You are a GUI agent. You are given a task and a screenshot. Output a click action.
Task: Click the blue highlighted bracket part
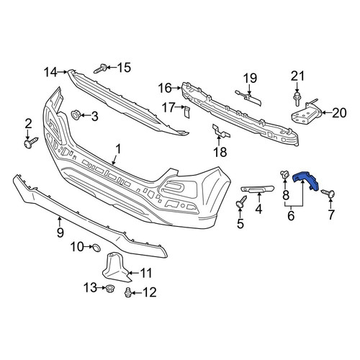tap(305, 181)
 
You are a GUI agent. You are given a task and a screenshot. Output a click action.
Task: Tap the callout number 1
tap(118, 149)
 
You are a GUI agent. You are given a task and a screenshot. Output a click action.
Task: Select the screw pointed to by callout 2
tap(31, 143)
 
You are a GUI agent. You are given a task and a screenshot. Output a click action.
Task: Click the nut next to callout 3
tap(76, 114)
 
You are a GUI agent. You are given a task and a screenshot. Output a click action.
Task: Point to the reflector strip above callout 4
tap(257, 189)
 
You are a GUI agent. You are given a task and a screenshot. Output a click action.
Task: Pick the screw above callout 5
tap(241, 202)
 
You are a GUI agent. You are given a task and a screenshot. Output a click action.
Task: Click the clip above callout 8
tap(285, 174)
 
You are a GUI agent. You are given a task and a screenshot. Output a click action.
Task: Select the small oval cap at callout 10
tap(96, 248)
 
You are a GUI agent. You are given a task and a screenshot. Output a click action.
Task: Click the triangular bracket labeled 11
tap(115, 268)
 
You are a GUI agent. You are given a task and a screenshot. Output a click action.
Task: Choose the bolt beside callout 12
tap(128, 292)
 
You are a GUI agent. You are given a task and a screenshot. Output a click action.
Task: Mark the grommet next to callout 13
tap(110, 287)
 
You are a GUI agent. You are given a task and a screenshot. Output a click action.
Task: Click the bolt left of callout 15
tap(100, 68)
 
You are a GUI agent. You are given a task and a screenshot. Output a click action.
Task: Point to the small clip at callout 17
tap(187, 112)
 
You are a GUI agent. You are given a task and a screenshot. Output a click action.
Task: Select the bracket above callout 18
tap(220, 132)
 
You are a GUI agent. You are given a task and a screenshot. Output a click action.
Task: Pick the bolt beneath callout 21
tap(297, 99)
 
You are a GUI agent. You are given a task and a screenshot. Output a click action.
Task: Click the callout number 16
tap(165, 88)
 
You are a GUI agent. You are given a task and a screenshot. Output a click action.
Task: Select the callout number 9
tap(60, 232)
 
